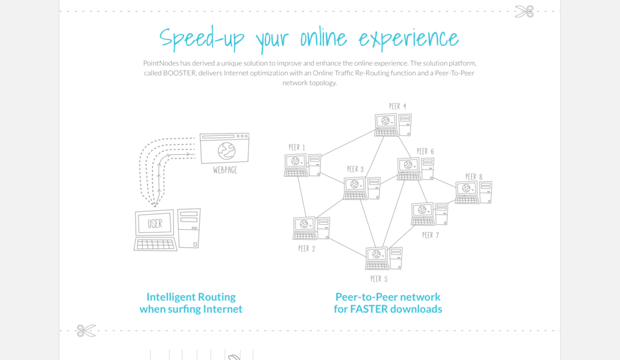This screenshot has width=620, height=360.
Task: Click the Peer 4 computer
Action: pyautogui.click(x=393, y=125)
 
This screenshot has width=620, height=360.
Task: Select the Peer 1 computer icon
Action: pyautogui.click(x=302, y=165)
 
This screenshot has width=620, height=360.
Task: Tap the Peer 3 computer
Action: pyautogui.click(x=361, y=188)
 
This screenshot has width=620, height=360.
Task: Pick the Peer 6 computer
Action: pyautogui.click(x=415, y=169)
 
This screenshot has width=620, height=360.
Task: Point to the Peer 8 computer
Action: pyautogui.click(x=473, y=193)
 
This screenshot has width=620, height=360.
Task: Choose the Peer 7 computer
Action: pyautogui.click(x=429, y=214)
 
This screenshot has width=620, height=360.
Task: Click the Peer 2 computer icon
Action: pyautogui.click(x=311, y=228)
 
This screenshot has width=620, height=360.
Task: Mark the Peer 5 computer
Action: pyautogui.click(x=383, y=258)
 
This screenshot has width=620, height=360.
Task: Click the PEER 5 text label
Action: pyautogui.click(x=379, y=279)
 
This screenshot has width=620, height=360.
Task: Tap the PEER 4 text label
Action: pyautogui.click(x=397, y=106)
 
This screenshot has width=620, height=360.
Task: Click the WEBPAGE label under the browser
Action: pyautogui.click(x=225, y=170)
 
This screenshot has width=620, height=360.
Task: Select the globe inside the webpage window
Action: pyautogui.click(x=226, y=150)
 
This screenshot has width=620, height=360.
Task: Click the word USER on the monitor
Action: pyautogui.click(x=155, y=223)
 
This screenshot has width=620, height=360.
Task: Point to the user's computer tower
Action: pyautogui.click(x=189, y=228)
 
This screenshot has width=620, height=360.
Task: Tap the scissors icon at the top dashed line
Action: pyautogui.click(x=524, y=11)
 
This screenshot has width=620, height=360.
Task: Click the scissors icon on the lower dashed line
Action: pyautogui.click(x=86, y=330)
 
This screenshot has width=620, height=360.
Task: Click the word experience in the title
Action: pyautogui.click(x=408, y=38)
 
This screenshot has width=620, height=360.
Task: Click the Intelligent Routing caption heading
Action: pyautogui.click(x=191, y=297)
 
